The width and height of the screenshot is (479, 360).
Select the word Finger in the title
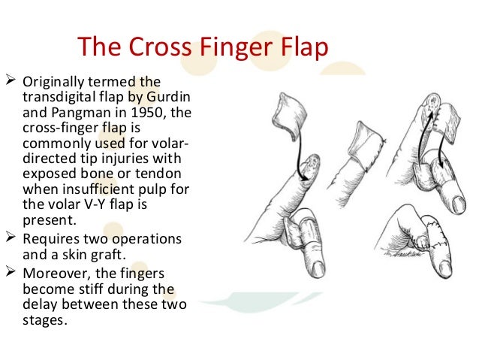[232, 49]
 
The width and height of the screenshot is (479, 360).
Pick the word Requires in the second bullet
[53, 238]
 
